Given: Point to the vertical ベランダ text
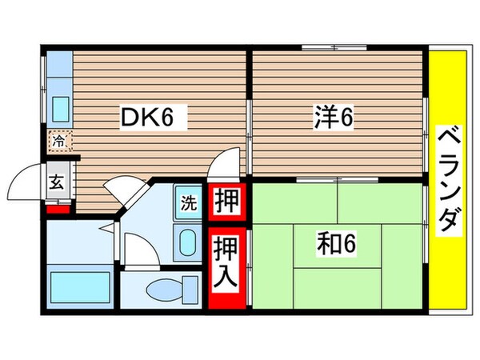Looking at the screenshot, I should pyautogui.click(x=450, y=179).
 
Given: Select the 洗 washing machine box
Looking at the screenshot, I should pyautogui.click(x=189, y=202).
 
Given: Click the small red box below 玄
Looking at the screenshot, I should pyautogui.click(x=55, y=210).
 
